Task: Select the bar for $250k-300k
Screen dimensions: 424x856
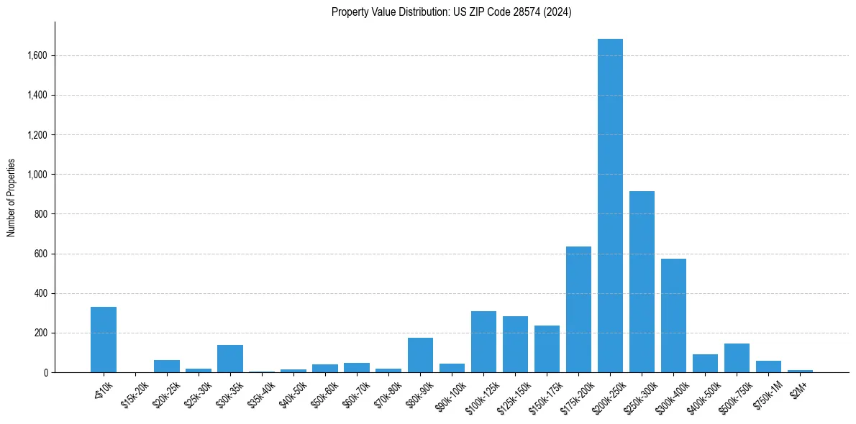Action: (x=642, y=282)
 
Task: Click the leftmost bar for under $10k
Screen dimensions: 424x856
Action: (x=104, y=340)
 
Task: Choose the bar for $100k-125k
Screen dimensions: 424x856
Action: (x=483, y=342)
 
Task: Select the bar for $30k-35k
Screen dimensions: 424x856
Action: (x=230, y=359)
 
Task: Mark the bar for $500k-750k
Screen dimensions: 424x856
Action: (x=737, y=358)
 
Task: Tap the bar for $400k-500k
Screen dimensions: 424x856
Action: (x=705, y=364)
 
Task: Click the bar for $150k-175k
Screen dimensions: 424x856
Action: (x=547, y=349)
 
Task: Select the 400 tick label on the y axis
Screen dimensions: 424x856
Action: (x=40, y=293)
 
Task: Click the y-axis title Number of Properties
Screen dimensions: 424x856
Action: (x=11, y=198)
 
